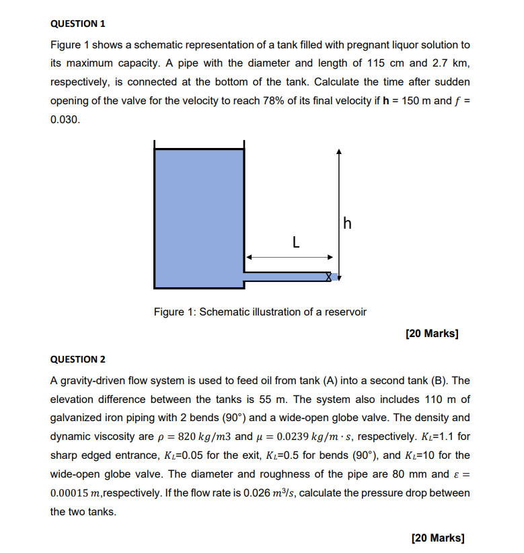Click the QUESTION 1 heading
coord(78,24)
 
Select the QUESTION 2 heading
coord(78,359)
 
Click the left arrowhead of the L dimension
coord(248,257)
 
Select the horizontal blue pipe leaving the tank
coord(286,276)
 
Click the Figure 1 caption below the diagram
coord(260,312)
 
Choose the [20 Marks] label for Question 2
coord(437,538)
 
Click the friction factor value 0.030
coord(65,120)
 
